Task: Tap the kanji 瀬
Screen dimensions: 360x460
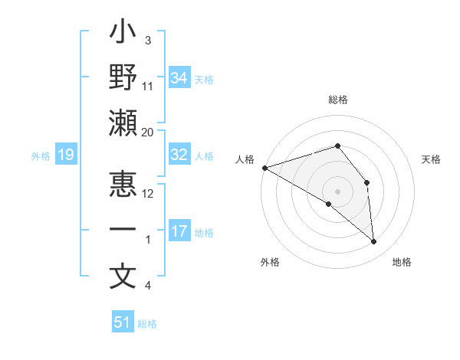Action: (x=123, y=123)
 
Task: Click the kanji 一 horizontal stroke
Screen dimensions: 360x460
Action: (x=123, y=231)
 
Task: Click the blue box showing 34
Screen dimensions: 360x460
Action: (x=179, y=77)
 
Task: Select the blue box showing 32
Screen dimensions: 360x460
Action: (x=179, y=155)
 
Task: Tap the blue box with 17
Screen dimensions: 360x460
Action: (x=179, y=231)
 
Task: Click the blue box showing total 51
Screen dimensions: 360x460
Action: (x=123, y=322)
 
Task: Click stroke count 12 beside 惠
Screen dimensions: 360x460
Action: (x=148, y=194)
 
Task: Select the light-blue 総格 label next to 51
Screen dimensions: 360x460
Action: (x=147, y=324)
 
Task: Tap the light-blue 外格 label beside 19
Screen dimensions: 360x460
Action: (x=41, y=156)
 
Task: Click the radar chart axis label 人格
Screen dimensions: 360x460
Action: (x=245, y=159)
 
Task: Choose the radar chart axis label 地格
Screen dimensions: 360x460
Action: (x=402, y=262)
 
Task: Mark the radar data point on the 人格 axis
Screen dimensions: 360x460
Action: (x=264, y=167)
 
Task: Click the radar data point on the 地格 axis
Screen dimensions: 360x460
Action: (x=373, y=242)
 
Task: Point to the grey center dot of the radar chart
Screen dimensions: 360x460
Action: (x=337, y=191)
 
